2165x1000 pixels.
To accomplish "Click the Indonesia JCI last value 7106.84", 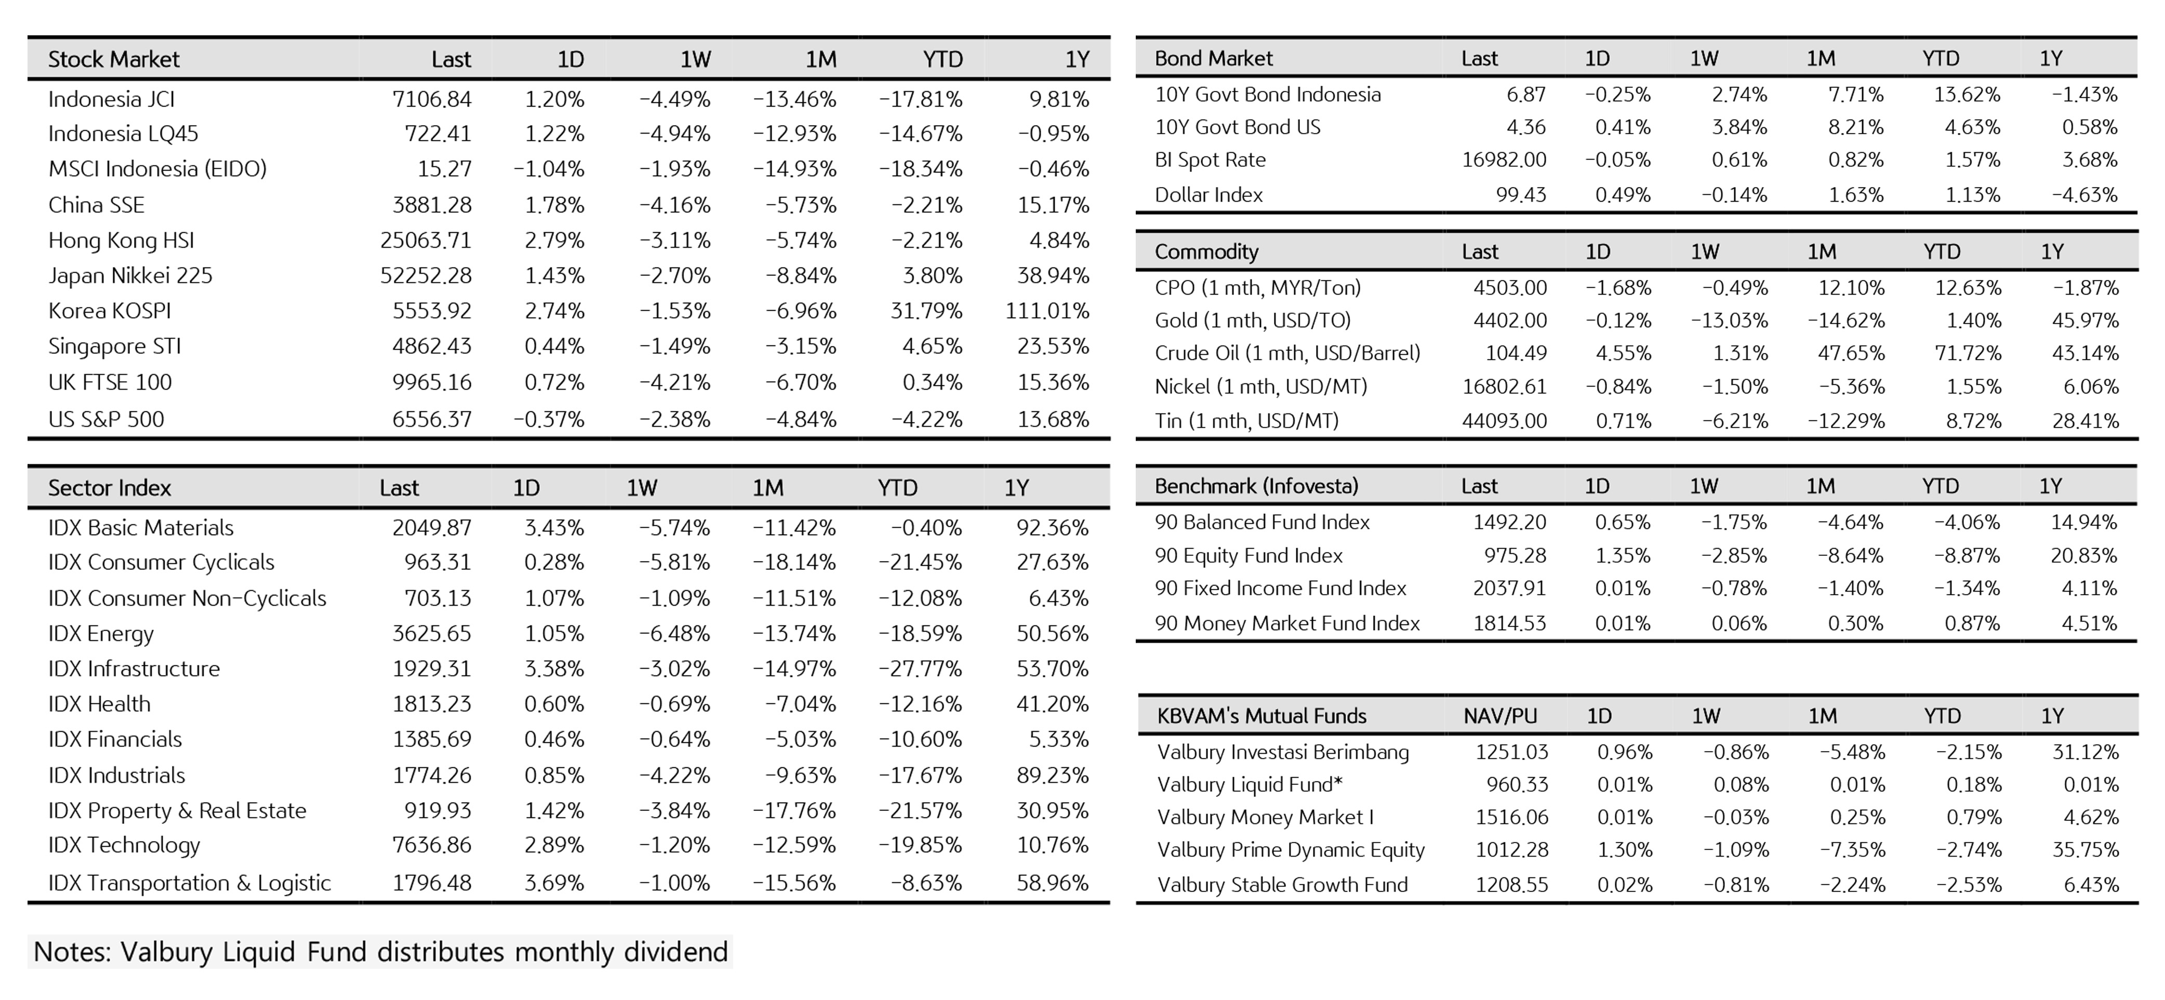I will click(431, 99).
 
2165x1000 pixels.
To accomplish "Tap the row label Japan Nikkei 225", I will click(130, 276).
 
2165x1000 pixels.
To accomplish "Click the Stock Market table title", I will click(113, 59).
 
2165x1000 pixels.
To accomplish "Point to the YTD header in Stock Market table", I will click(942, 59).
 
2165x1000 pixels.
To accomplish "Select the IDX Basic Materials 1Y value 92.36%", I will click(1052, 528).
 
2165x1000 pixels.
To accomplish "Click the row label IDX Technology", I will click(124, 845).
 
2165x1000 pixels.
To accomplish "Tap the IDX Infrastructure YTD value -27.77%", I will click(920, 669).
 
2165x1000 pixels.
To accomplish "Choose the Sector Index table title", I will click(109, 487).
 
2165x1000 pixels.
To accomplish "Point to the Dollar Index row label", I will click(1208, 195).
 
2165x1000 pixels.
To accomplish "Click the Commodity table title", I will click(1206, 251).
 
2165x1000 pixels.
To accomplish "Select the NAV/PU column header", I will click(1499, 716).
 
